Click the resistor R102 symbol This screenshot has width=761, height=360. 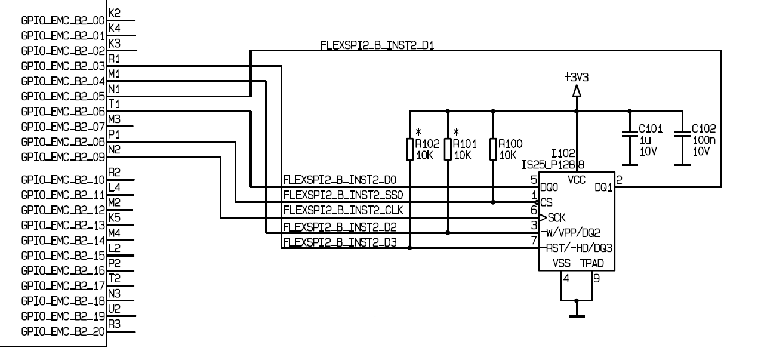[x=410, y=149]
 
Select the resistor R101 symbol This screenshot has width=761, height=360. [x=448, y=149]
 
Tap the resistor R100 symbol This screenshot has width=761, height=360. [x=493, y=149]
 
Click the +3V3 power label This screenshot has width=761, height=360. [x=576, y=77]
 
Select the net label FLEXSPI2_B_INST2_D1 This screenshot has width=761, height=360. [x=376, y=45]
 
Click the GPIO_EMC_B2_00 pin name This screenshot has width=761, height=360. [x=63, y=20]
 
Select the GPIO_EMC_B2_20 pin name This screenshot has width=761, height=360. [x=63, y=331]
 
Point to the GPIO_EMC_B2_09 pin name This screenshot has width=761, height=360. [x=63, y=158]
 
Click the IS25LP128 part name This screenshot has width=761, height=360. [x=548, y=164]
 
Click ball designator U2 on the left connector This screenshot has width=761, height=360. [x=115, y=308]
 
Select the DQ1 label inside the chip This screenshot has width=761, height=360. [x=604, y=187]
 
